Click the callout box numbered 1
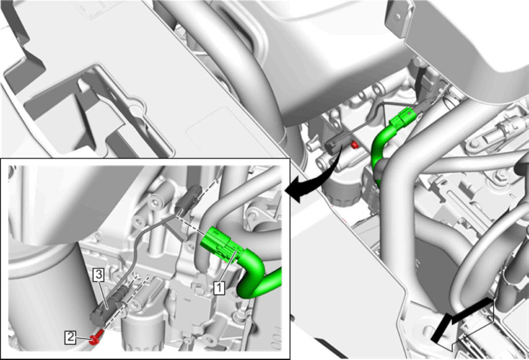(219, 288)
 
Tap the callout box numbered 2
(70, 337)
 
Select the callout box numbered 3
(99, 275)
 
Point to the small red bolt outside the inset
(354, 145)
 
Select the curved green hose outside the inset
(378, 149)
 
